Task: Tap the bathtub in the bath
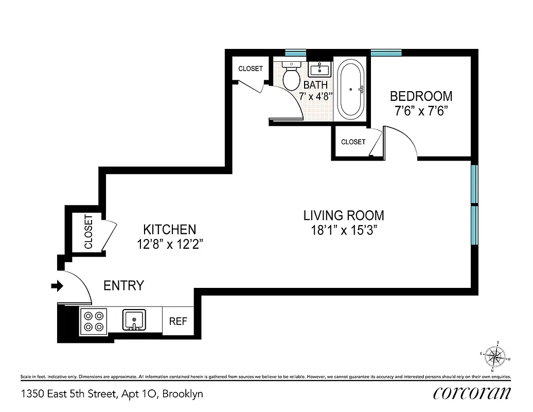pos(351,89)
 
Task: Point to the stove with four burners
pos(93,321)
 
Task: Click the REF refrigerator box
pos(178,321)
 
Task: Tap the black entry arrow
pos(57,285)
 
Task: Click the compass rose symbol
pos(496,355)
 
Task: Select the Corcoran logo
pos(472,393)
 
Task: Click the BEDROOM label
pos(421,96)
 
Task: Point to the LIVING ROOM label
pos(344,215)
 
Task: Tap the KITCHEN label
pos(169,230)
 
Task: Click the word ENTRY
pos(123,286)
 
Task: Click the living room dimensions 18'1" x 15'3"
pos(344,230)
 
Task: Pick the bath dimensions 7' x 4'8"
pos(316,96)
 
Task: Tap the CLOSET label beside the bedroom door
pos(353,142)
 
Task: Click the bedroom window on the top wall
pos(386,52)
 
